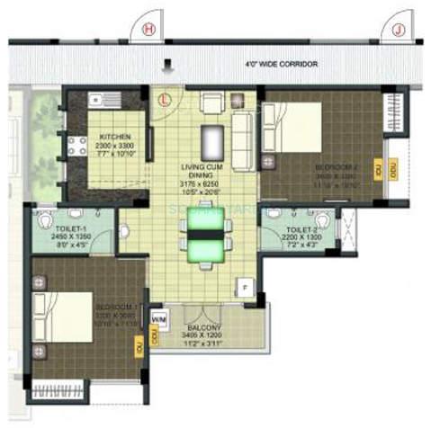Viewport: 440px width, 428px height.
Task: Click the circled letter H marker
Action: (148, 29)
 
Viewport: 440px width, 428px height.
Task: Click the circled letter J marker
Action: (398, 29)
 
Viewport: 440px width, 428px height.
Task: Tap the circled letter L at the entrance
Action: (166, 100)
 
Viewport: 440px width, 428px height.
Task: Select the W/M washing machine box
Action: (159, 319)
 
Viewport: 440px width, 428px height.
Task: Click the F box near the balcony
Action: (243, 287)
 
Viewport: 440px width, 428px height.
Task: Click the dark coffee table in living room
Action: (214, 142)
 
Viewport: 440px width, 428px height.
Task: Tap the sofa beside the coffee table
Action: (243, 135)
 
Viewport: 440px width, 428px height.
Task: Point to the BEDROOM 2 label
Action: (337, 173)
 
